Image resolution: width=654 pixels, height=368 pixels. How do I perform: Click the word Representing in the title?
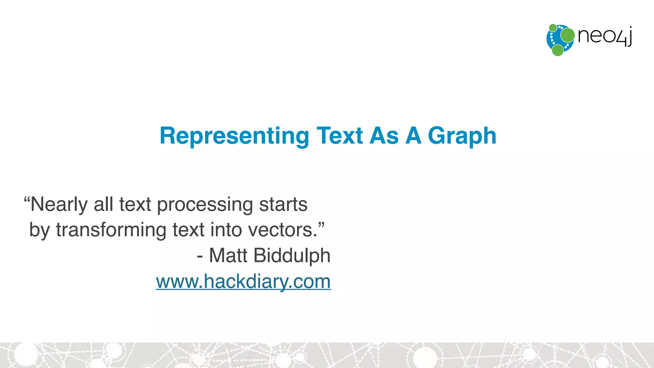[x=234, y=136]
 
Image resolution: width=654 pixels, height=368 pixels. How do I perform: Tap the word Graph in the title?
[x=462, y=136]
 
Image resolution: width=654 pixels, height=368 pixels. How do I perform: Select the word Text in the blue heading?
[x=339, y=136]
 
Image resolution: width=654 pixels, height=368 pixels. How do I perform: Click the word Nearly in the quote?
[x=59, y=204]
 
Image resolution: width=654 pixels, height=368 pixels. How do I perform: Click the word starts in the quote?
[x=283, y=204]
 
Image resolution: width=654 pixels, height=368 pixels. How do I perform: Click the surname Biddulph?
[x=292, y=256]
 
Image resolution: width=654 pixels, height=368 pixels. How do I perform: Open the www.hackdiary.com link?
[x=243, y=281]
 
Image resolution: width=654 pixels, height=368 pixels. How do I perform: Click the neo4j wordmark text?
[x=605, y=36]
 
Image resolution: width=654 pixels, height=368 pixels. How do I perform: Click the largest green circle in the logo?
[x=567, y=35]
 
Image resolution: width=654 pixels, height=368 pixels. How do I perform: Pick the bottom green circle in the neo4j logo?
[x=558, y=50]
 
